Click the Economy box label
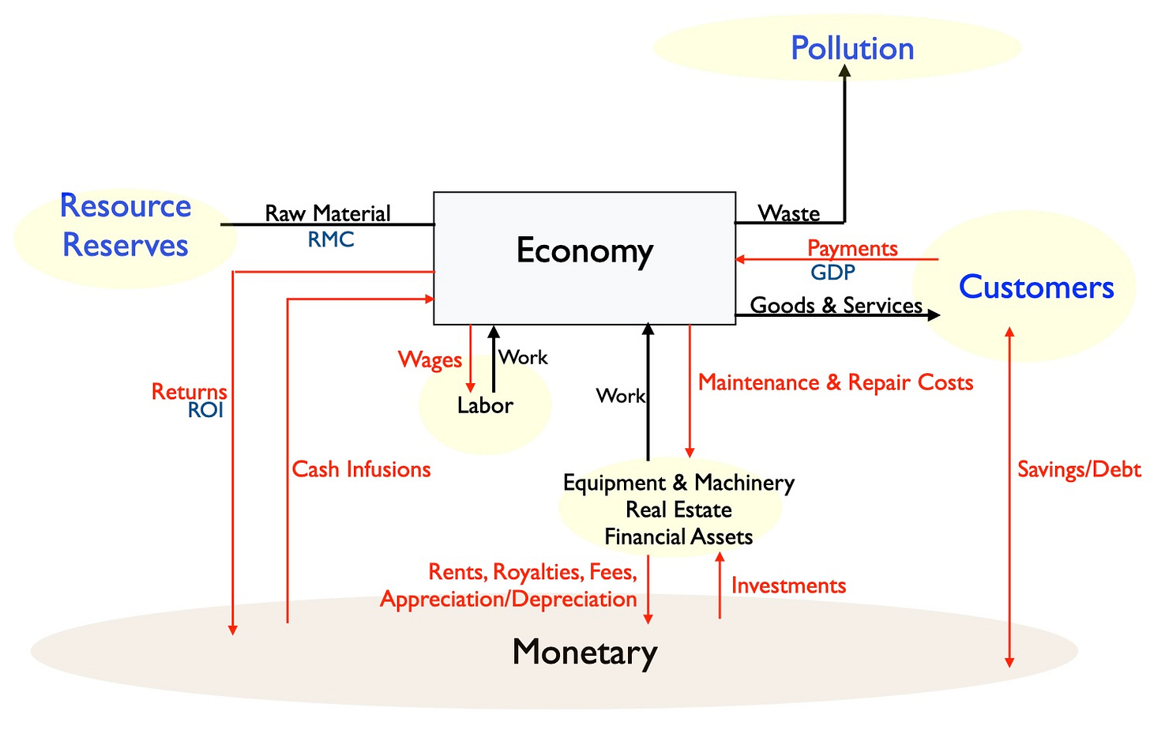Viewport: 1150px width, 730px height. [584, 251]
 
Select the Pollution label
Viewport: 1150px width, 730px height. [852, 49]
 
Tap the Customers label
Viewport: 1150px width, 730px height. [1036, 288]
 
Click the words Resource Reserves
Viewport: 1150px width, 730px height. [126, 225]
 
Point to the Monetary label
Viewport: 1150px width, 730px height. [584, 653]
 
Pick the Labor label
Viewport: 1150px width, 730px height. [485, 405]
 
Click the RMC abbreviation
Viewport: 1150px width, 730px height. [331, 239]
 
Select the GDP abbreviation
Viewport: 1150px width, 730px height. [832, 273]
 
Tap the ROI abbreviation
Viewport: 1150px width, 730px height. [205, 410]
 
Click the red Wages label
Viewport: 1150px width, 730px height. [430, 360]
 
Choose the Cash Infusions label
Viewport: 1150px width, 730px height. [361, 469]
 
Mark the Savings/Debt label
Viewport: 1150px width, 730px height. [1079, 470]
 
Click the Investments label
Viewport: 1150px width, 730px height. [788, 585]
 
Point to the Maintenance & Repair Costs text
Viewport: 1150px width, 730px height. [836, 383]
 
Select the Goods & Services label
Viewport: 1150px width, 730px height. [836, 305]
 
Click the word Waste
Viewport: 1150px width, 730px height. [788, 213]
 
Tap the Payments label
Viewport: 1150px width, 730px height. [852, 249]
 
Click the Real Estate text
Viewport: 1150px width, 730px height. [678, 510]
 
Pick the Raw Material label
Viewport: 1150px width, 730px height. [328, 213]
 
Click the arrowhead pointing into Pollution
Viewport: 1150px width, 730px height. [844, 71]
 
